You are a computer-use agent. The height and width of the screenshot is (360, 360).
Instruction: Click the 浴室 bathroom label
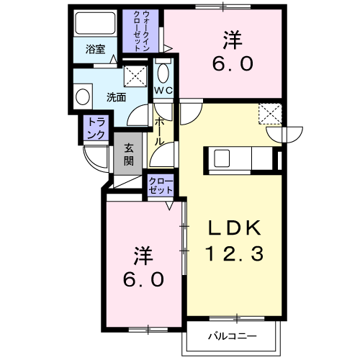(x=95, y=50)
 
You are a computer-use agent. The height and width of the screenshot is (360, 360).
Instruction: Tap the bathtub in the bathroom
(x=95, y=24)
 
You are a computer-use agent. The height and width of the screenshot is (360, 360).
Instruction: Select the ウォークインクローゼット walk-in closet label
(x=142, y=31)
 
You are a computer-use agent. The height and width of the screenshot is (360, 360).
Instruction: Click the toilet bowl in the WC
(x=163, y=73)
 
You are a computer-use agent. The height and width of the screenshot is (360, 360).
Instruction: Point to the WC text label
(x=163, y=91)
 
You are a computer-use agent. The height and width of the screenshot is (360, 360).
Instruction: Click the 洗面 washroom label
(x=116, y=98)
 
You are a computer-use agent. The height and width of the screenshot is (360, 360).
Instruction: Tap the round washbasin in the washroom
(x=83, y=97)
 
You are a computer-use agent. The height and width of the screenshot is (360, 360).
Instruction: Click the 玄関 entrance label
(x=129, y=155)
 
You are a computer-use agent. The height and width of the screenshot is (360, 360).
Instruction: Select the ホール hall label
(x=159, y=132)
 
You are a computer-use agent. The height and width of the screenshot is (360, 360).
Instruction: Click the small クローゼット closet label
(x=161, y=186)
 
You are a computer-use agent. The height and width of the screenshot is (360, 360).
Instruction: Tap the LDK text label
(x=235, y=228)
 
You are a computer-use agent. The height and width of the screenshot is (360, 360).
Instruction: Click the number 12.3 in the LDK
(x=235, y=253)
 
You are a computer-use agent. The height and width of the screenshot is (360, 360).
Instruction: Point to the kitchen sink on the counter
(x=222, y=158)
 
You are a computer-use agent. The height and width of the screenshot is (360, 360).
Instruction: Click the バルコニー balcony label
(x=232, y=336)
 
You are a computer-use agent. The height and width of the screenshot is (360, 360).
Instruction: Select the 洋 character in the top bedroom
(x=233, y=40)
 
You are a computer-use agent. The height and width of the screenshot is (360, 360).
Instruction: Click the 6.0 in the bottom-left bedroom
(x=144, y=279)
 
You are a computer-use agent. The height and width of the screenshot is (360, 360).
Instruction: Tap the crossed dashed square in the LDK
(x=270, y=114)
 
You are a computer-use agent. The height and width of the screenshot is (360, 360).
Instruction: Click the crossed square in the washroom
(x=135, y=76)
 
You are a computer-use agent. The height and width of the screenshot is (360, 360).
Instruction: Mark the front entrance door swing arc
(x=92, y=161)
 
